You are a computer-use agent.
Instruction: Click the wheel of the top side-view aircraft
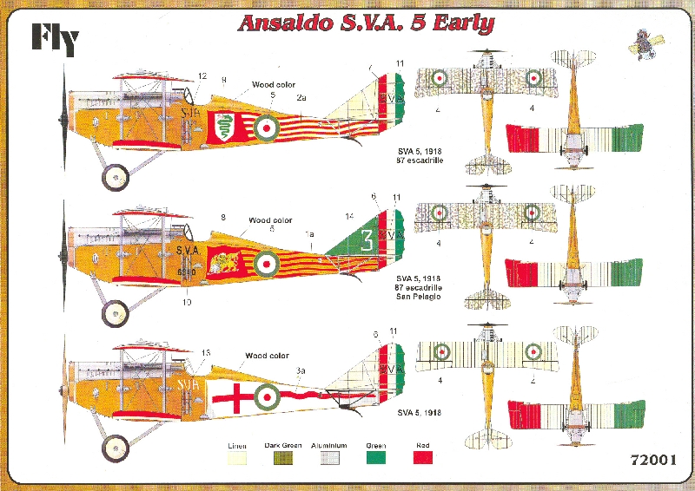tap(116, 178)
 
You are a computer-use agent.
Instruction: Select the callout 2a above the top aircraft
tap(301, 98)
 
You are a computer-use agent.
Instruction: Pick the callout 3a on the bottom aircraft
tap(301, 370)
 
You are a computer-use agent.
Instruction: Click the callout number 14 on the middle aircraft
tap(350, 215)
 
